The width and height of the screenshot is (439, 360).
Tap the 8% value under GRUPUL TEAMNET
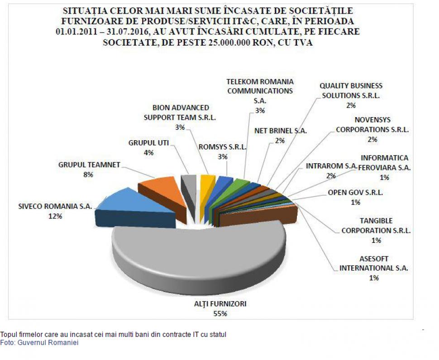pos(89,174)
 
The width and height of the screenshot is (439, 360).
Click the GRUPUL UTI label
pos(148,143)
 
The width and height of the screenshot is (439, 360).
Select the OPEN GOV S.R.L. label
pos(355,192)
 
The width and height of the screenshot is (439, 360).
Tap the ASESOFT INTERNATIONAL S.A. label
pos(374,263)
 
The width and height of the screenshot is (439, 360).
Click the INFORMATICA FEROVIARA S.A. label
pos(384,162)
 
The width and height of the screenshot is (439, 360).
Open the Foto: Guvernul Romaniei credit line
pos(39,343)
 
